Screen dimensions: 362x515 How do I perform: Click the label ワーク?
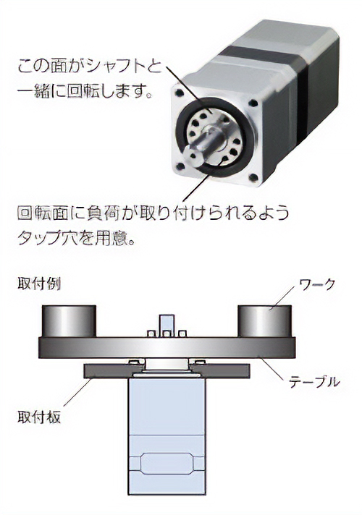click(x=316, y=284)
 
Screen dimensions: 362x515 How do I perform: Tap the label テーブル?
click(x=314, y=382)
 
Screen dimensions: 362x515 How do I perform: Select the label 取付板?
click(x=39, y=417)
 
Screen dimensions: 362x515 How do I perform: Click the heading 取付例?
click(x=39, y=284)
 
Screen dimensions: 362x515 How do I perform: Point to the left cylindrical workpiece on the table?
click(x=69, y=321)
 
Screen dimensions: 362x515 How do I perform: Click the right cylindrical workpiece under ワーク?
click(x=265, y=321)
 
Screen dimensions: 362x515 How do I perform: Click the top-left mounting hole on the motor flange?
click(x=180, y=93)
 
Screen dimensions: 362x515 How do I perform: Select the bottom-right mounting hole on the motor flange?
click(x=253, y=179)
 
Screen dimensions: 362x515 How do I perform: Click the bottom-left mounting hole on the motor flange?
click(x=180, y=167)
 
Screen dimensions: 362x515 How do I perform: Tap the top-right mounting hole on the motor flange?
click(x=253, y=103)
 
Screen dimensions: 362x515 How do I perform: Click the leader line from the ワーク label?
click(x=283, y=297)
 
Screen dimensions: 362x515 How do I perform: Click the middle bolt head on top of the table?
click(x=167, y=334)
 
